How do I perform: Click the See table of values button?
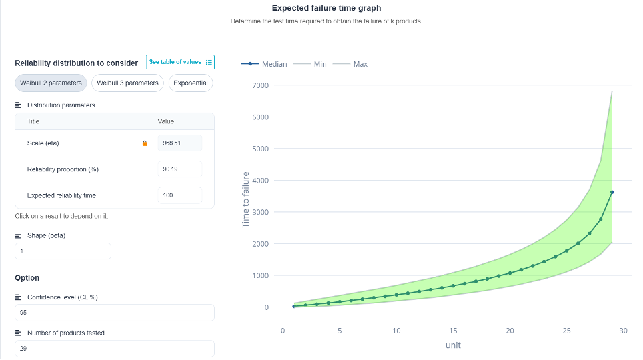[180, 62]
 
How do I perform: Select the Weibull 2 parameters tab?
[51, 83]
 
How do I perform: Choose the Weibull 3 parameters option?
[127, 83]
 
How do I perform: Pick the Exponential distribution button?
[191, 83]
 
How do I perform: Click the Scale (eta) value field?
[179, 143]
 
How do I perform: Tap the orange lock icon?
[145, 143]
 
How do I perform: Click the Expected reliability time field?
[179, 195]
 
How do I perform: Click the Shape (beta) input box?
[63, 251]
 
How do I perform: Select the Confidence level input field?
[115, 313]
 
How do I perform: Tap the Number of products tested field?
[115, 349]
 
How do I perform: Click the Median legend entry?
[264, 64]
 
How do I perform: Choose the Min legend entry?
[309, 64]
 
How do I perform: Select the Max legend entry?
[350, 64]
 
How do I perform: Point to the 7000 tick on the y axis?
[260, 85]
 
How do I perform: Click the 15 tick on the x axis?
[453, 331]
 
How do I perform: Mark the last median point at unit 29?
[612, 192]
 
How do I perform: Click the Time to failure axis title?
[245, 200]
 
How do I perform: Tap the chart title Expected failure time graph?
[326, 8]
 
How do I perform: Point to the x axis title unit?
[453, 345]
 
